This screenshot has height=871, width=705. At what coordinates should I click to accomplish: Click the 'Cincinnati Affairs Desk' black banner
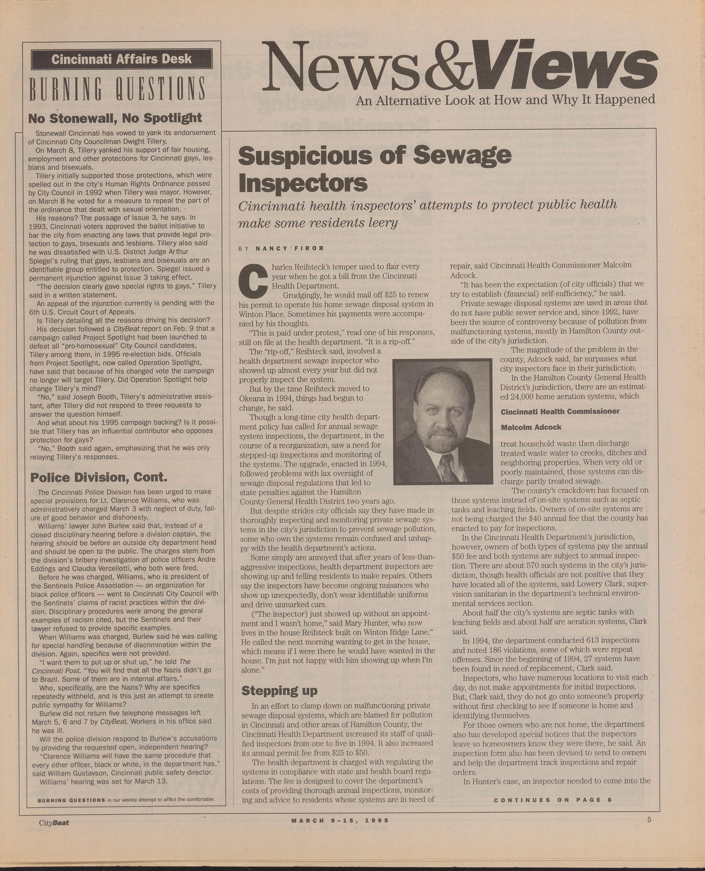pos(121,60)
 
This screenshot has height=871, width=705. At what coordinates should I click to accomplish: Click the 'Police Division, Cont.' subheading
pos(99,477)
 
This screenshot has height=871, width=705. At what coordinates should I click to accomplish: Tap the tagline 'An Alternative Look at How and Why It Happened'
pos(505,100)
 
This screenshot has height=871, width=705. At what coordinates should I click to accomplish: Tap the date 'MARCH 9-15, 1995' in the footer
pos(340,820)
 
